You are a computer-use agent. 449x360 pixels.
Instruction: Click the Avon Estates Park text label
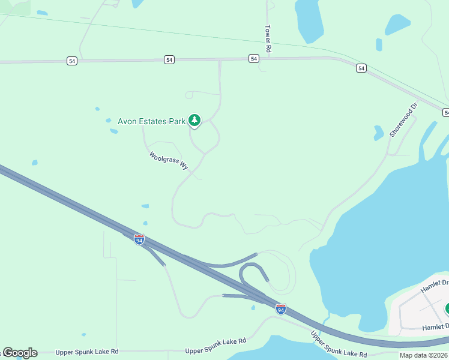(x=151, y=121)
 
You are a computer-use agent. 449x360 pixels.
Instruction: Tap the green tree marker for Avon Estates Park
(x=194, y=121)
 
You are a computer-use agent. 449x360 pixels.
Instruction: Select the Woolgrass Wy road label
(x=169, y=161)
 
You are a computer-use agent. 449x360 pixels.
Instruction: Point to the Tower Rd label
(x=268, y=40)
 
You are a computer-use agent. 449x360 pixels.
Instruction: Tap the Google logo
(x=20, y=353)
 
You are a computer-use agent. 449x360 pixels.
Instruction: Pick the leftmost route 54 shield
(x=72, y=61)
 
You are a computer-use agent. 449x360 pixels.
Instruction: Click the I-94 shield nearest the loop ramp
(x=281, y=308)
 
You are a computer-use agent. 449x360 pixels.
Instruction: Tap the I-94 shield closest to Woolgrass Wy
(x=139, y=239)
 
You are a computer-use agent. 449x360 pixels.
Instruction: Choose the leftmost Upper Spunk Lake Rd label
(x=86, y=352)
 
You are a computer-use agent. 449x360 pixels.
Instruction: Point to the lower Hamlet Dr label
(x=435, y=326)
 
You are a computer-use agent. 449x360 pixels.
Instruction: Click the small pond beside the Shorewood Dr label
(x=379, y=133)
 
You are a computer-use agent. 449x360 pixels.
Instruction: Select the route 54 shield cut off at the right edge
(x=446, y=112)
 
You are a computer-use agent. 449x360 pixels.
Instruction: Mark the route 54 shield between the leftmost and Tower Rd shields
(x=170, y=59)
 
